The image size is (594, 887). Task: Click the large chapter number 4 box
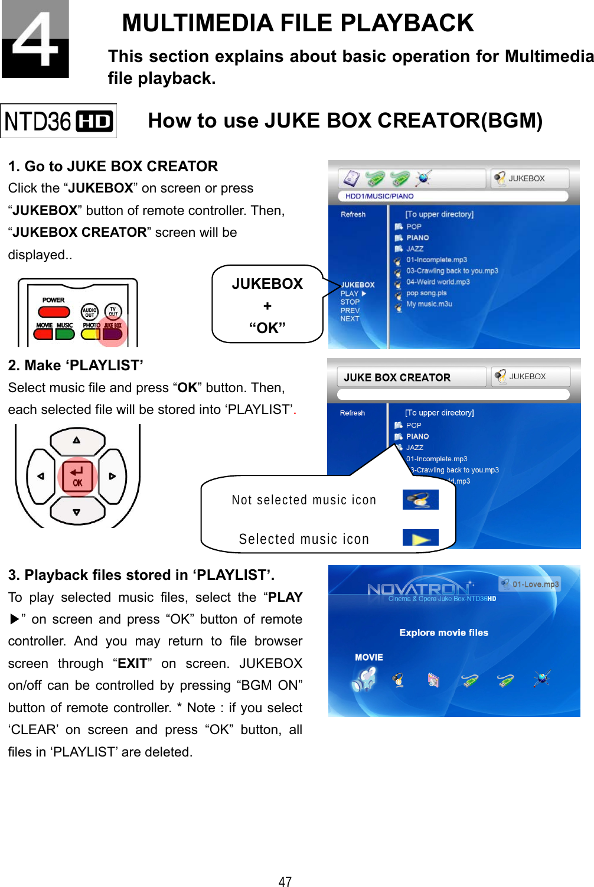coord(35,39)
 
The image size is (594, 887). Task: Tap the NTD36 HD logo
coord(58,121)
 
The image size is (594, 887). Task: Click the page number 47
coord(285,881)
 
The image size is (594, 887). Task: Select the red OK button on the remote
coord(77,476)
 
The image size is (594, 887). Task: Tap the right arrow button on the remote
coord(112,476)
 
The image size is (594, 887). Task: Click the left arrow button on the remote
coord(41,476)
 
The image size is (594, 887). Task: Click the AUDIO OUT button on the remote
coord(89,312)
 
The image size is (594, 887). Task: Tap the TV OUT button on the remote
coord(113,311)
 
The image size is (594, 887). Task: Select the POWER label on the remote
coord(53,300)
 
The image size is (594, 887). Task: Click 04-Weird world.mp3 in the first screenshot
coord(438,282)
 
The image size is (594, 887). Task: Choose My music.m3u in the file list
coord(429,304)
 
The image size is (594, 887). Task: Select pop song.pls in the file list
coord(426,293)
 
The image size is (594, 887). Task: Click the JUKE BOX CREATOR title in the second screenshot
coord(397,377)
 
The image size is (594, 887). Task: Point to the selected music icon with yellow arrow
coord(420,538)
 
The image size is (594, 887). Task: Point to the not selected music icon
coord(420,500)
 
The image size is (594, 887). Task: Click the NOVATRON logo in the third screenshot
coord(418,589)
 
